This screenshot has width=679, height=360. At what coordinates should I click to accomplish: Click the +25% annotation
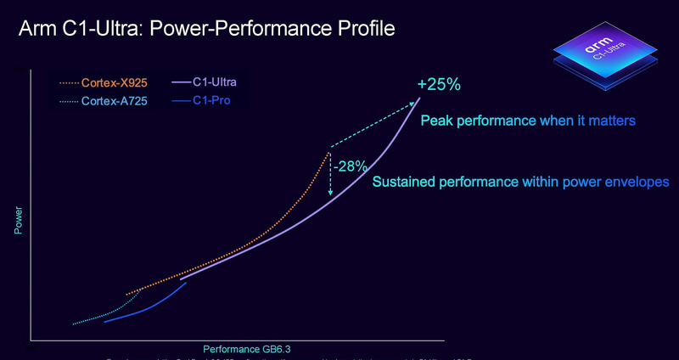click(x=438, y=85)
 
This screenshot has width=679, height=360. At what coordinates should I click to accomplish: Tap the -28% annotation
click(x=350, y=166)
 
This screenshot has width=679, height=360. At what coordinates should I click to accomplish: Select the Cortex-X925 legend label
click(x=115, y=82)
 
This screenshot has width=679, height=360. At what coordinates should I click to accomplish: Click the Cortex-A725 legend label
click(x=115, y=101)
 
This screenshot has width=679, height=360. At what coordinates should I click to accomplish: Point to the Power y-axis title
click(x=18, y=220)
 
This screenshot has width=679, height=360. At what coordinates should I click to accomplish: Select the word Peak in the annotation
click(x=439, y=121)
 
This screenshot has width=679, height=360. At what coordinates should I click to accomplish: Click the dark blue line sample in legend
click(x=181, y=101)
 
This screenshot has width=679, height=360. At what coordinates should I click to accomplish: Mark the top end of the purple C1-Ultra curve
click(x=418, y=100)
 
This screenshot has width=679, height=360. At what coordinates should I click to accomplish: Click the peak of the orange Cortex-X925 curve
click(x=327, y=153)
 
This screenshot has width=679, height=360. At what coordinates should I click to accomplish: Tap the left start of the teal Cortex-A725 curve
click(x=75, y=323)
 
